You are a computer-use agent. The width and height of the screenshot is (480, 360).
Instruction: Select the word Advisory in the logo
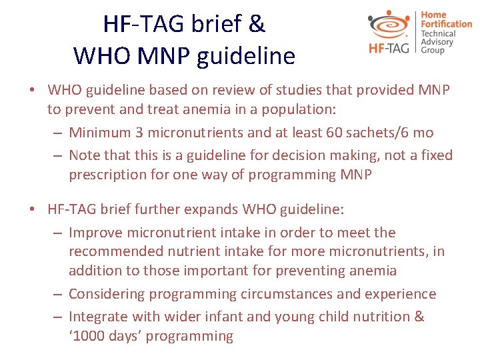437,42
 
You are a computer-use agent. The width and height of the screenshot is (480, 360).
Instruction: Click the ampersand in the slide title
257,24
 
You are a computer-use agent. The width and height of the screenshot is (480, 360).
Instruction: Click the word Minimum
101,132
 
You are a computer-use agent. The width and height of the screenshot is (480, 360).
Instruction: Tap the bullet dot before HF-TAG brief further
32,209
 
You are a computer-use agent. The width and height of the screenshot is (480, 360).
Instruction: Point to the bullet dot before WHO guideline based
32,89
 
